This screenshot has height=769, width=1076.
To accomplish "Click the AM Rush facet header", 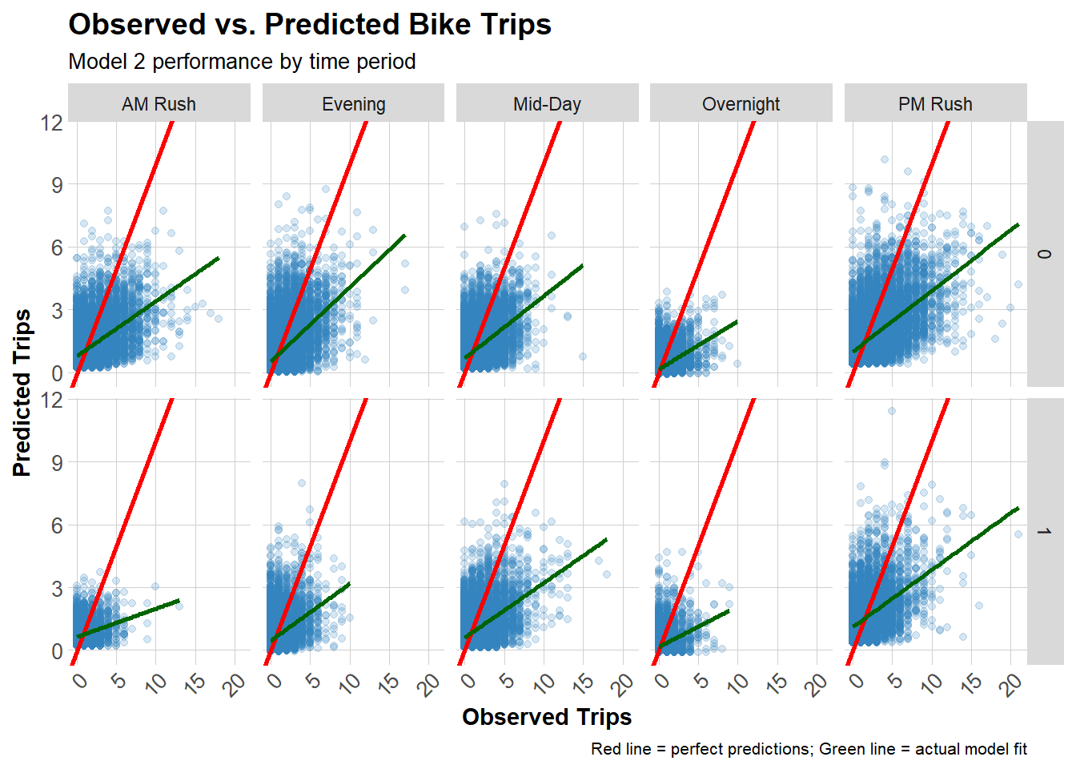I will click(159, 104).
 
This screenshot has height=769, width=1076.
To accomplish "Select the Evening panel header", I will click(353, 104).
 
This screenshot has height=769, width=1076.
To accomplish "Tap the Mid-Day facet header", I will click(547, 104).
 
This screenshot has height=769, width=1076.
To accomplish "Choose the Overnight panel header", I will click(741, 104).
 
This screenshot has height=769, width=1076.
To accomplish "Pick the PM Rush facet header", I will click(935, 104).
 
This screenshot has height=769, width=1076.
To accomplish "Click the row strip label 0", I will click(1044, 254).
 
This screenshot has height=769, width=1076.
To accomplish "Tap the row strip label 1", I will click(1044, 531).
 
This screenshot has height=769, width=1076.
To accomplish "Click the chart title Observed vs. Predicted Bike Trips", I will click(310, 25).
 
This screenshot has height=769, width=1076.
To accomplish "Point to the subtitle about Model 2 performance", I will click(242, 62).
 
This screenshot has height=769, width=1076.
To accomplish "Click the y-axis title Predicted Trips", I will click(22, 393).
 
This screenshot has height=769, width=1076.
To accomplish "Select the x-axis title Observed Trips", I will click(547, 717).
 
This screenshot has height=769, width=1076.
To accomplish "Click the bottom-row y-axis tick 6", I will click(57, 525).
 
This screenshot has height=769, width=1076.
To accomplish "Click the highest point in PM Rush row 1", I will click(891, 411).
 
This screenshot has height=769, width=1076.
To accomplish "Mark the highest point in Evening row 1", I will click(302, 483).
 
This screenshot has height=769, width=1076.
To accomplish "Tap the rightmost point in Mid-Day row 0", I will click(583, 356).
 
